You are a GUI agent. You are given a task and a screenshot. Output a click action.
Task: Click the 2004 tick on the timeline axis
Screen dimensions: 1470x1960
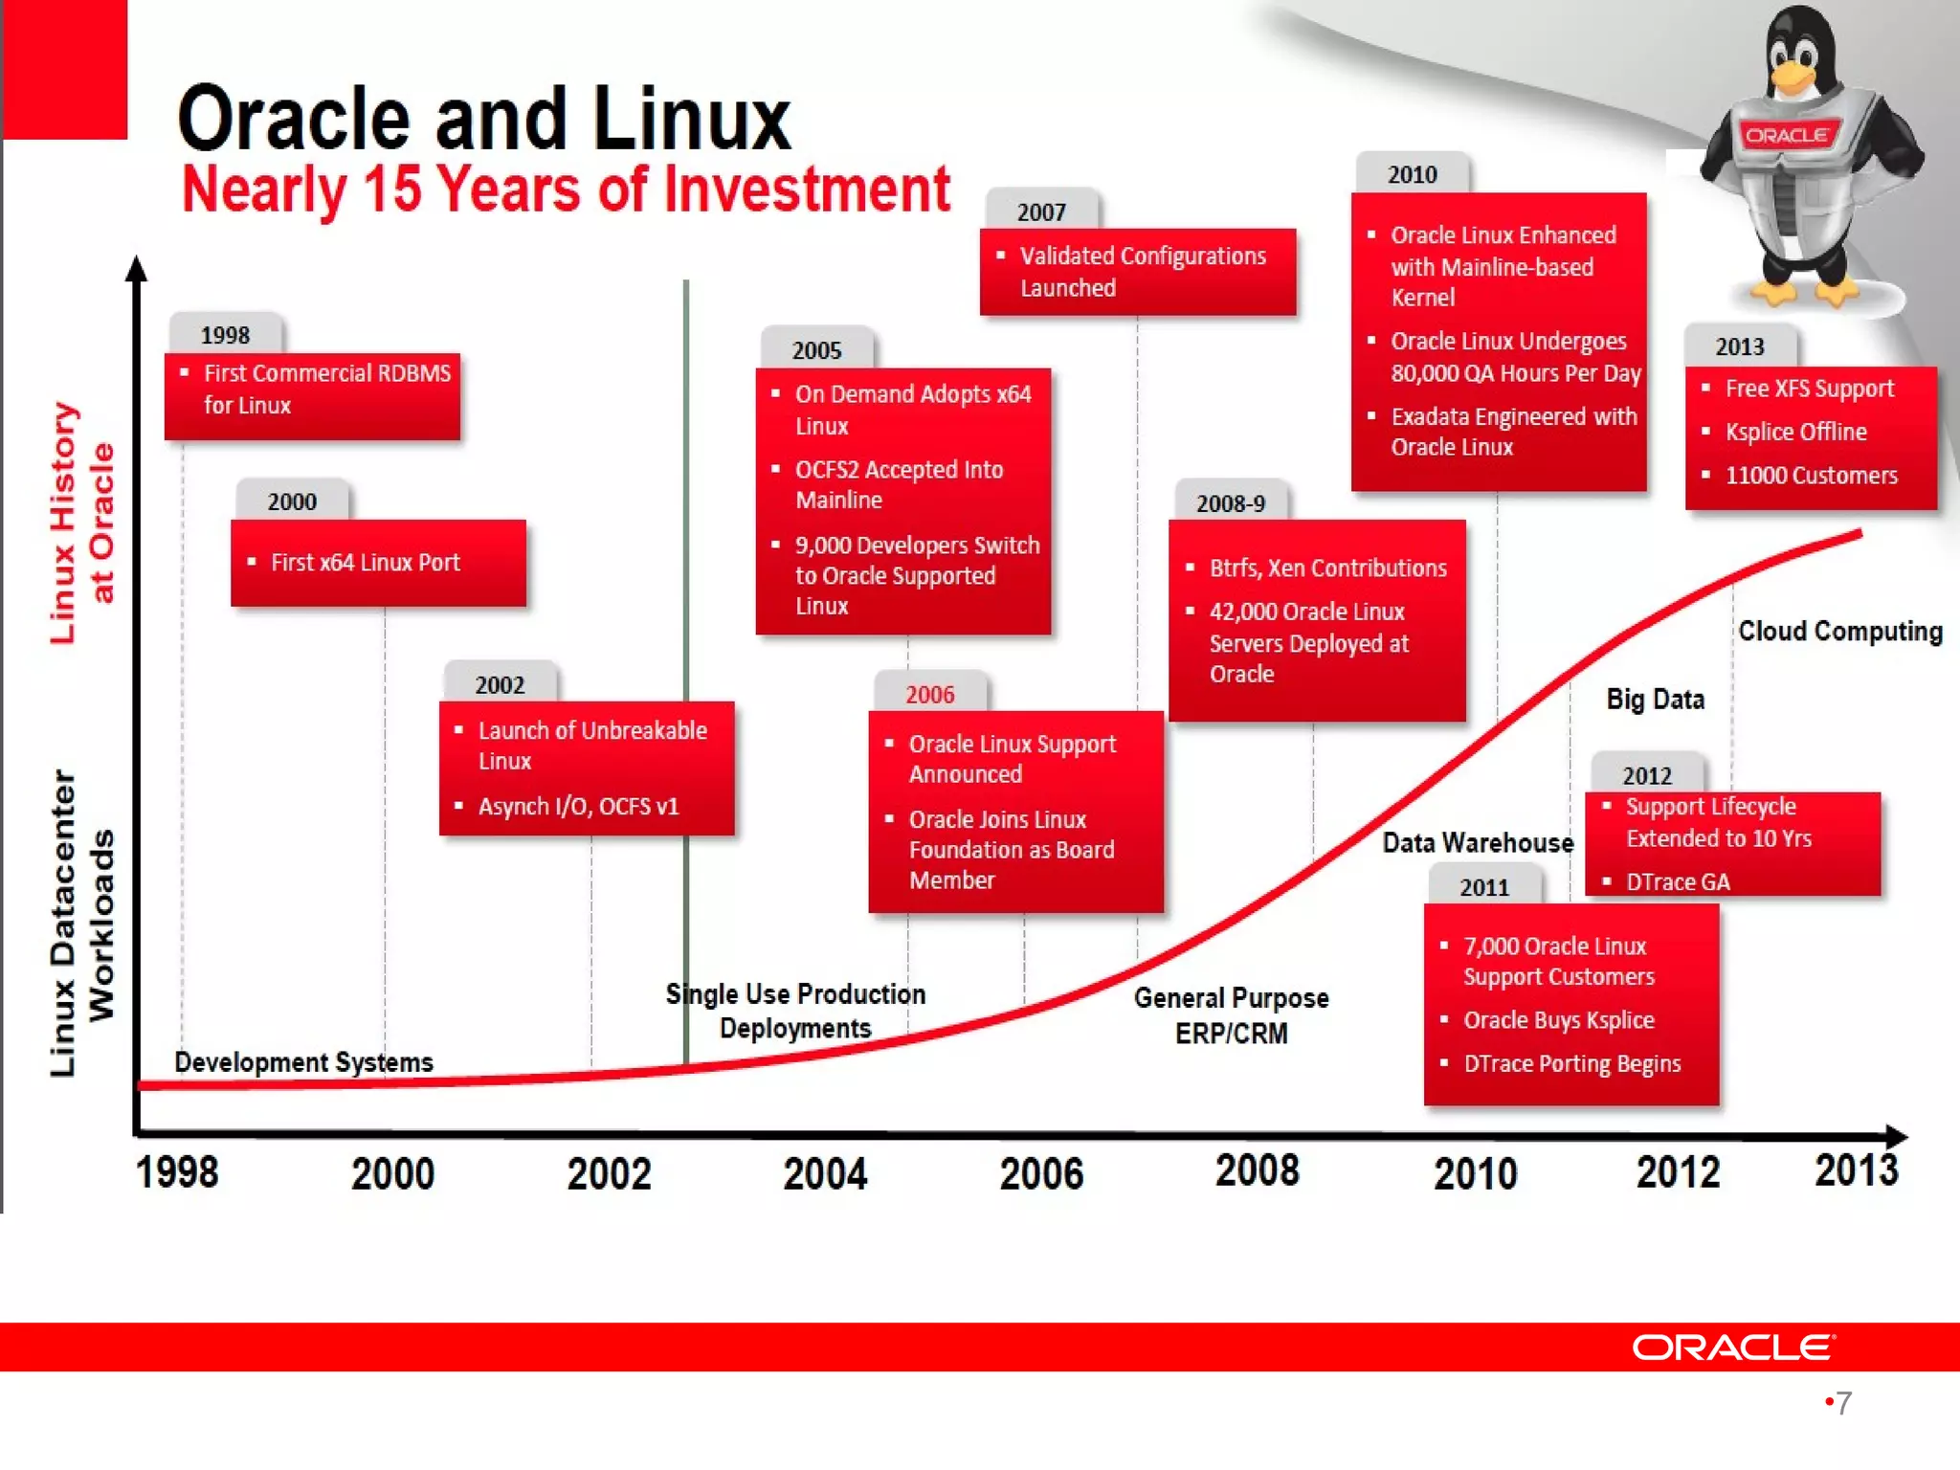pos(825,1174)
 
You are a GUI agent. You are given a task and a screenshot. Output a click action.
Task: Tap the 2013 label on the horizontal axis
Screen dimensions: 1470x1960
pos(1856,1170)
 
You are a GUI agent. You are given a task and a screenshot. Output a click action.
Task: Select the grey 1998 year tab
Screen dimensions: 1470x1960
pos(225,335)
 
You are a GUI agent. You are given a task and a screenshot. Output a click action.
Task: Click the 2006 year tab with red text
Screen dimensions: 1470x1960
pos(929,694)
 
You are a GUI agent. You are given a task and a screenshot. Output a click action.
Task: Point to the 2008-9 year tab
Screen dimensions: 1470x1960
pos(1230,503)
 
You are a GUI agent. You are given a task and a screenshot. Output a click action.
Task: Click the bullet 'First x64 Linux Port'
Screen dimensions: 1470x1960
pos(365,563)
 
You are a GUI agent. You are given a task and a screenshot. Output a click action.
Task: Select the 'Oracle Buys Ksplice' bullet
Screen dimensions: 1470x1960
pos(1558,1020)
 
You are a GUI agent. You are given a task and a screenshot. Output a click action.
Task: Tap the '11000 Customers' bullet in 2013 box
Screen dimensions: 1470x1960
pos(1811,476)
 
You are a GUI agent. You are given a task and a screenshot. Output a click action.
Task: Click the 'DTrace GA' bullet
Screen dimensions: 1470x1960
pos(1677,882)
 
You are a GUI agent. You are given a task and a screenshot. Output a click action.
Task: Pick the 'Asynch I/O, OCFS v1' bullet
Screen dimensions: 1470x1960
pos(578,807)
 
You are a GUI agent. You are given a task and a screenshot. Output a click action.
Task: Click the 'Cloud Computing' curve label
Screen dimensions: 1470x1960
pos(1839,632)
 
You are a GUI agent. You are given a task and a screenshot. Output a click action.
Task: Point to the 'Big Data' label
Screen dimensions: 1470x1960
pos(1655,700)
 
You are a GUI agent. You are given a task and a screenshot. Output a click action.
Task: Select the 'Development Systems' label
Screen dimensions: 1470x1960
pos(303,1062)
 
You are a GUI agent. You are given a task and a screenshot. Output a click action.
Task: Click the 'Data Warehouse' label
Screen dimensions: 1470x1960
pos(1477,843)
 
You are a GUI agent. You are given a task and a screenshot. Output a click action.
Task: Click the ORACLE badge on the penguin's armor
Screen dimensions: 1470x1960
pos(1786,135)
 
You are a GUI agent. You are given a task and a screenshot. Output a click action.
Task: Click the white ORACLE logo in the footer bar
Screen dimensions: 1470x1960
pos(1733,1347)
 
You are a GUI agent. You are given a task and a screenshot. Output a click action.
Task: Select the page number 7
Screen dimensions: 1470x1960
pos(1843,1403)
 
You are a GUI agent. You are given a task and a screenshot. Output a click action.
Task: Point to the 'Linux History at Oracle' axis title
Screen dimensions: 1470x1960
pos(82,523)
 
